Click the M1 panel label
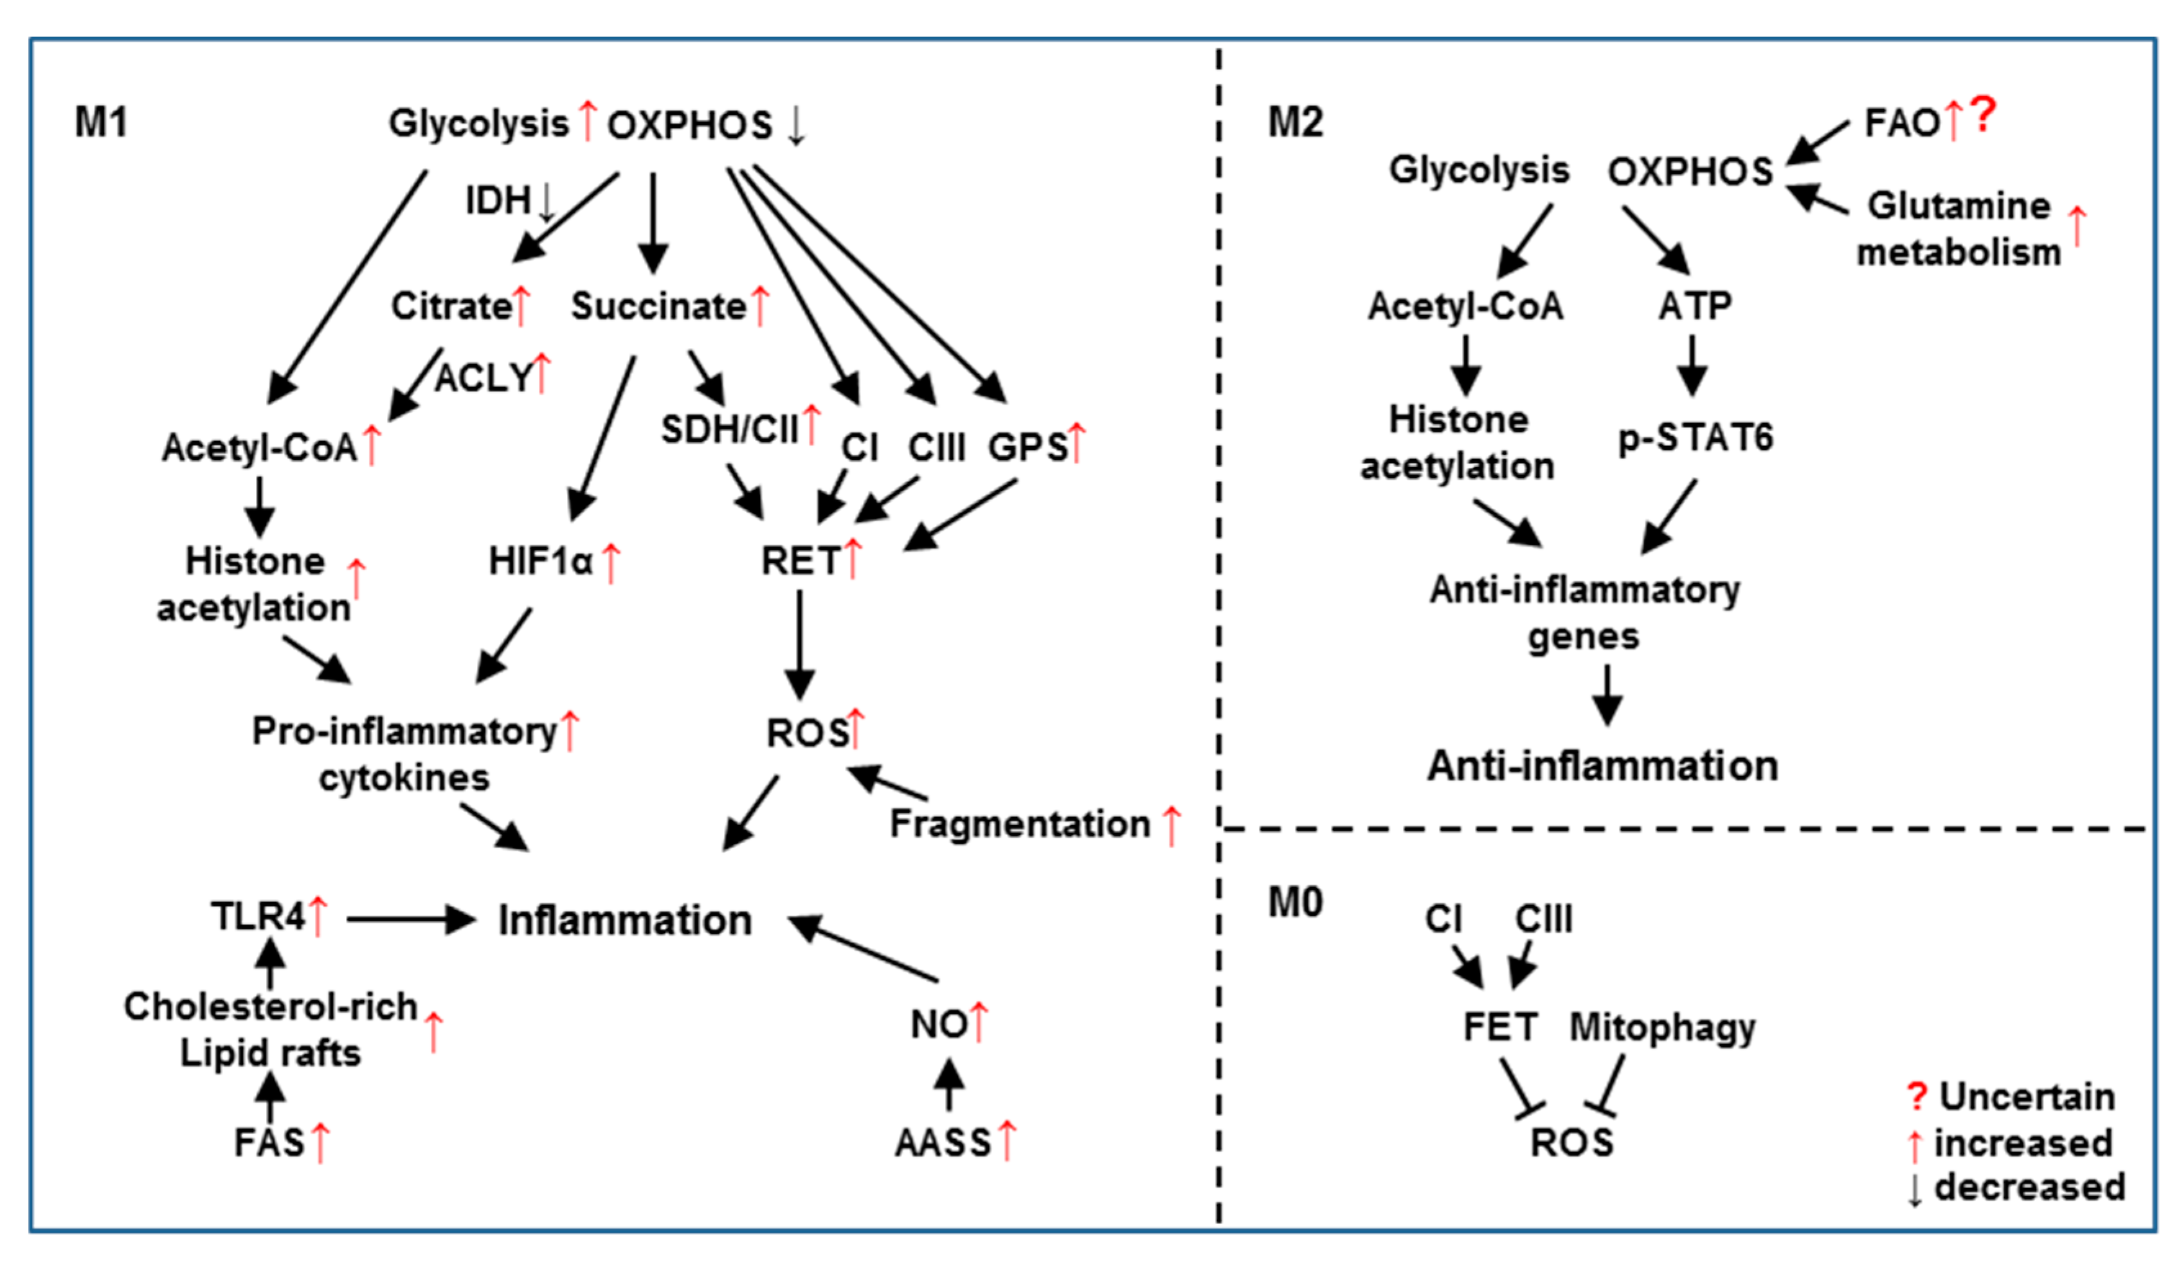tap(100, 122)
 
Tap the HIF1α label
tap(540, 561)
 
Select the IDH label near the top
tap(498, 201)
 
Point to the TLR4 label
tap(258, 915)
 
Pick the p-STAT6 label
tap(1695, 437)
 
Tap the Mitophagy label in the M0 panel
tap(1661, 1027)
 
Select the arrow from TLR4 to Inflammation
tap(411, 919)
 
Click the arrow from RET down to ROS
tap(799, 645)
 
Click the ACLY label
tap(483, 377)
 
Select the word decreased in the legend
tap(2029, 1187)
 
